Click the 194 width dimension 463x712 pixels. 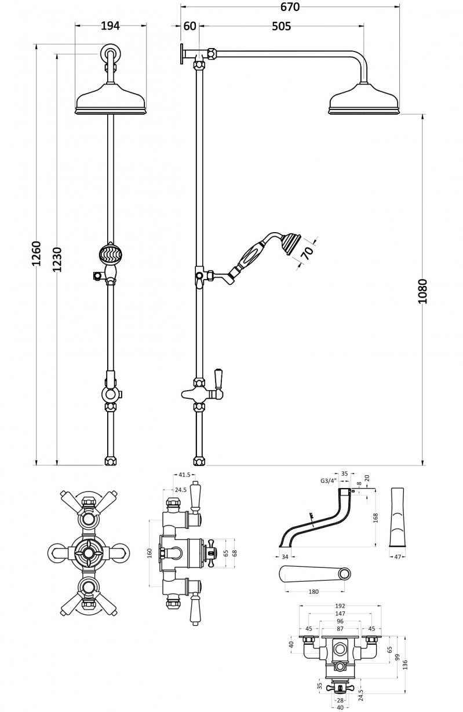110,25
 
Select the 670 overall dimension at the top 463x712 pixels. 290,7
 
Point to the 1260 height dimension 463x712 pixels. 37,253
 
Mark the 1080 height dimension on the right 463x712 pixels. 422,292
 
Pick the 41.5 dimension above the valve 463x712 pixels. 184,475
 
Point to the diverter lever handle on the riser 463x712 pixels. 219,379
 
